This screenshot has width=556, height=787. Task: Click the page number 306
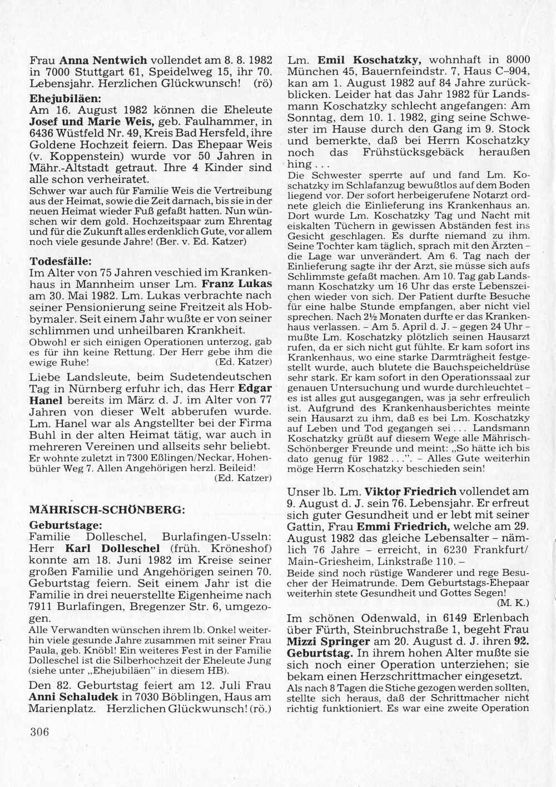(x=39, y=731)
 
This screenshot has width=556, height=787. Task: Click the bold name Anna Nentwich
(x=103, y=60)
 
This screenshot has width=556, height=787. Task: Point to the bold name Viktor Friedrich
(x=410, y=492)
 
